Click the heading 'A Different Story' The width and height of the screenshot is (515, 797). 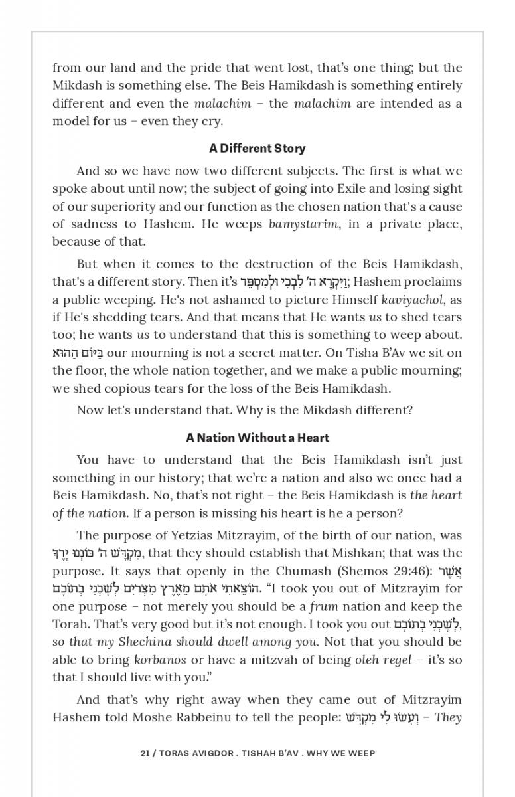pyautogui.click(x=257, y=148)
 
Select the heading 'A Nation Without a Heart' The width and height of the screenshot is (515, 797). pyautogui.click(x=257, y=438)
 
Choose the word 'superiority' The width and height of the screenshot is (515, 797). pyautogui.click(x=117, y=207)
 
